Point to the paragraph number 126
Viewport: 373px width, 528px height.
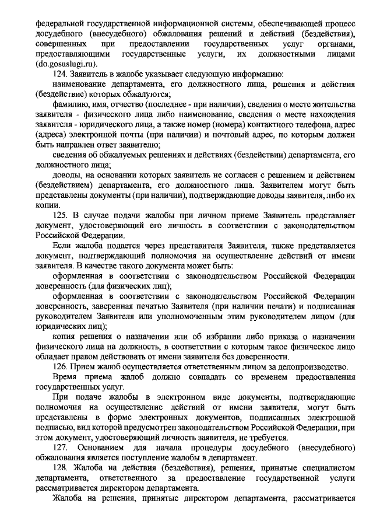tap(60, 367)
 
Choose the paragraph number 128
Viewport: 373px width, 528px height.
tap(60, 468)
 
